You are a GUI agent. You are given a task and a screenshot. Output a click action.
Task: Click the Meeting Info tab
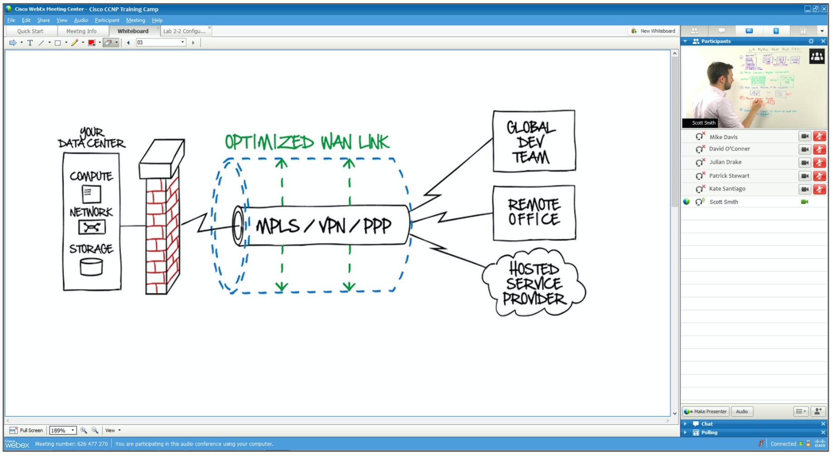click(81, 31)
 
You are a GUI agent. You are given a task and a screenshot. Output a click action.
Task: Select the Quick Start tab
click(30, 31)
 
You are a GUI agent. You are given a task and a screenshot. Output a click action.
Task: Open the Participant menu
click(107, 20)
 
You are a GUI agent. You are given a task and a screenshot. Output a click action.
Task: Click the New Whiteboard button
click(653, 31)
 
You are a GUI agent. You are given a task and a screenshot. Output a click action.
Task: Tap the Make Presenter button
click(706, 412)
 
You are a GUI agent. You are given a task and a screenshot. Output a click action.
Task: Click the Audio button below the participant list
click(742, 412)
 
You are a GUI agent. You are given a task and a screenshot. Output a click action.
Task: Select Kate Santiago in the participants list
click(727, 189)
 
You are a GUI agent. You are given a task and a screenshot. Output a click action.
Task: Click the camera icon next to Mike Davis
click(804, 136)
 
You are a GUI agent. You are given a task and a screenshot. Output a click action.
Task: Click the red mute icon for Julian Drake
click(819, 162)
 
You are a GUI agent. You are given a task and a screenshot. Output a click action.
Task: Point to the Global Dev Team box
click(534, 141)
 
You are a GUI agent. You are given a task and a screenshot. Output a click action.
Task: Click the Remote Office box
click(534, 213)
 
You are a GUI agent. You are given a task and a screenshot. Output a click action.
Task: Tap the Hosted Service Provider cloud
click(534, 283)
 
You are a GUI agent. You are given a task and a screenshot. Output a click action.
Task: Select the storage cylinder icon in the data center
click(91, 267)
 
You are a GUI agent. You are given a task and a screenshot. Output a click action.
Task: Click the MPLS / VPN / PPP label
click(323, 226)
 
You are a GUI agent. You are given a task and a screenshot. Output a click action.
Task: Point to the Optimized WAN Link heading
click(307, 142)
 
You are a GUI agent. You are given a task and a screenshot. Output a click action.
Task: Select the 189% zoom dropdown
click(62, 431)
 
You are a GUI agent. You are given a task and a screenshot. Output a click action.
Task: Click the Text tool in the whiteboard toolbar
click(30, 43)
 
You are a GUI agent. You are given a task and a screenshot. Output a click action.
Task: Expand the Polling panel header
click(709, 433)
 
